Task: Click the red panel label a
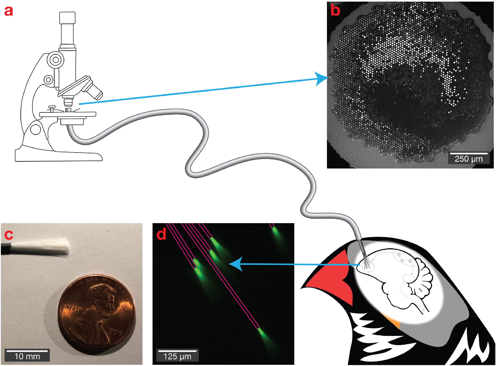pos(9,11)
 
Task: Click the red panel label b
pos(335,10)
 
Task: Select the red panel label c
pos(9,234)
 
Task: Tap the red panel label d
pos(161,234)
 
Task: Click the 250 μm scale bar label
pos(469,159)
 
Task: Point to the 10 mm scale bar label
pos(27,356)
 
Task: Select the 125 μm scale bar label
pos(177,356)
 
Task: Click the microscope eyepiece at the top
pos(67,18)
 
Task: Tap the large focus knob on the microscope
pos(55,60)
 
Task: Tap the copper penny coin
pos(96,312)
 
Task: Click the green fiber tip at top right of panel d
pos(275,230)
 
